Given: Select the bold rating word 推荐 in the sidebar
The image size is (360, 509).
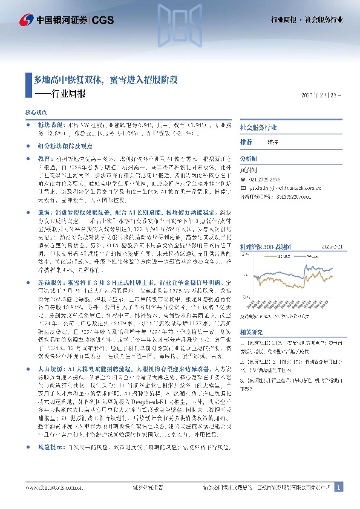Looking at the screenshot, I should [246, 141].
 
